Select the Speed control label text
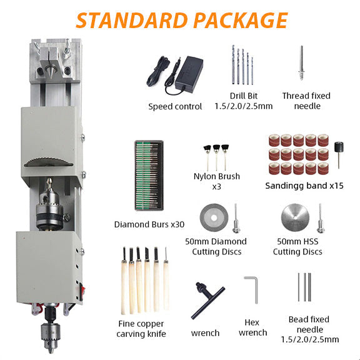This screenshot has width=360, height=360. (175, 106)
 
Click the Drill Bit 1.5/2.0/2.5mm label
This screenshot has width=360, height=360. (242, 101)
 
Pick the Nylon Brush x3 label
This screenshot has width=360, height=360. (216, 181)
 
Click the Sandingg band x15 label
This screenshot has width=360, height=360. (304, 186)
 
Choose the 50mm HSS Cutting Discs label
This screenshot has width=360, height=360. (297, 246)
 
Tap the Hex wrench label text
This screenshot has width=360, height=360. (252, 327)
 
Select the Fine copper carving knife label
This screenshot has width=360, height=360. (141, 328)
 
